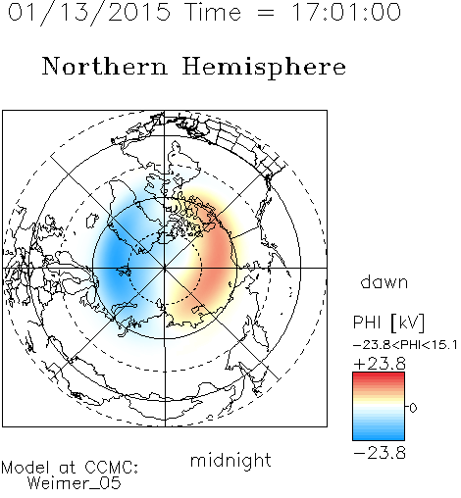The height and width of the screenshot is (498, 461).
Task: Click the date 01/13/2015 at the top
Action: tap(89, 13)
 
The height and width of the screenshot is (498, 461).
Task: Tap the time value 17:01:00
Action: tap(346, 13)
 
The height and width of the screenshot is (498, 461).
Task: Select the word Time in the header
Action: tap(213, 13)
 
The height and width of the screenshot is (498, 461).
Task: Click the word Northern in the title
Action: tap(105, 67)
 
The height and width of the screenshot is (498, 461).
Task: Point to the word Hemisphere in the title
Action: tap(264, 68)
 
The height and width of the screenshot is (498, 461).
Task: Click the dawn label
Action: tap(384, 281)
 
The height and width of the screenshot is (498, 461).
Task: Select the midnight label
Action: tap(230, 461)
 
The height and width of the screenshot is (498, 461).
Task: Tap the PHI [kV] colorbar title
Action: tap(388, 323)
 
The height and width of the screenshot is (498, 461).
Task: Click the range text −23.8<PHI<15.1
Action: tap(405, 345)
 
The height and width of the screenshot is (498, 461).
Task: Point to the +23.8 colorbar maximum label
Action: tap(380, 364)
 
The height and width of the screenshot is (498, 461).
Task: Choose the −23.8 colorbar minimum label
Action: tap(380, 453)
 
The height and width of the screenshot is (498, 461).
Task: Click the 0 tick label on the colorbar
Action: tap(413, 408)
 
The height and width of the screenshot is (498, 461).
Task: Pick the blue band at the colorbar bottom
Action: tap(379, 434)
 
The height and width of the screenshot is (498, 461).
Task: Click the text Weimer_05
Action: tap(75, 482)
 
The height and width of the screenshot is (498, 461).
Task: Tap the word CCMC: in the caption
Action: tap(111, 468)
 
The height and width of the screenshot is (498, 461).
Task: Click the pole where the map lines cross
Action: tap(165, 268)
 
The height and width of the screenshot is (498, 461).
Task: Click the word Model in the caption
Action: tap(26, 468)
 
